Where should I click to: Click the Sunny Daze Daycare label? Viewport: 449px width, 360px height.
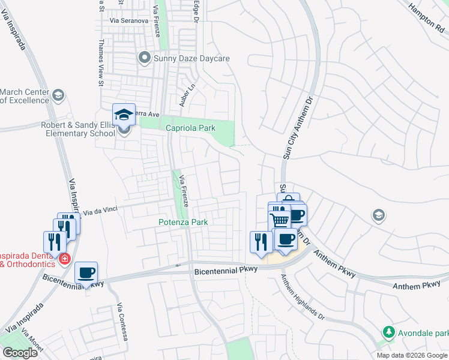pyautogui.click(x=192, y=59)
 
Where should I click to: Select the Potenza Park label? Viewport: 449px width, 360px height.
pyautogui.click(x=183, y=222)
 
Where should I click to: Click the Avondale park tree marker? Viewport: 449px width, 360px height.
pyautogui.click(x=388, y=331)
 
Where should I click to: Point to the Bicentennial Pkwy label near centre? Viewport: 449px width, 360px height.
pyautogui.click(x=226, y=271)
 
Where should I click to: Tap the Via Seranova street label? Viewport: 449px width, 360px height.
pyautogui.click(x=128, y=20)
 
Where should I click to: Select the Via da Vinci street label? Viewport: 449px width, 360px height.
pyautogui.click(x=100, y=211)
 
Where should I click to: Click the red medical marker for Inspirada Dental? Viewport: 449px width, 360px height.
pyautogui.click(x=64, y=259)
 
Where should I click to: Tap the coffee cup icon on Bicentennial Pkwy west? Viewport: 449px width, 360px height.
pyautogui.click(x=86, y=273)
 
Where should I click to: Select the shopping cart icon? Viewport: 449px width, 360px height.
pyautogui.click(x=280, y=219)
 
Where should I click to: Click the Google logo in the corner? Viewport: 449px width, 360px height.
pyautogui.click(x=20, y=353)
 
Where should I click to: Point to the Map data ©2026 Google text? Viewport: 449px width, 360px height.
pyautogui.click(x=411, y=355)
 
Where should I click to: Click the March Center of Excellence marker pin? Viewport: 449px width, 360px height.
pyautogui.click(x=58, y=95)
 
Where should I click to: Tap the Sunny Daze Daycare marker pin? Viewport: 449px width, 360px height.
pyautogui.click(x=144, y=58)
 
